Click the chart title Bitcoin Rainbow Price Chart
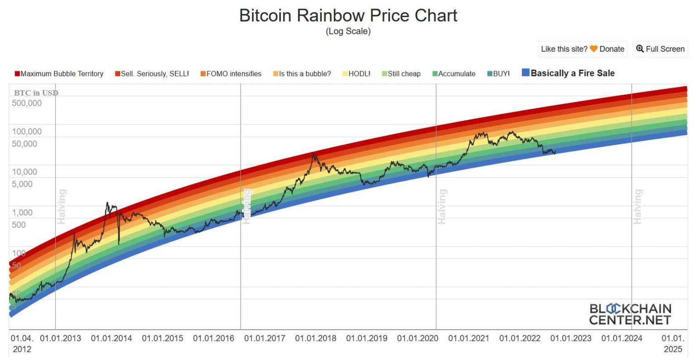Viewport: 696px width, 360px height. point(348,15)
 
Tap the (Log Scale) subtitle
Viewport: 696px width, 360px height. point(348,31)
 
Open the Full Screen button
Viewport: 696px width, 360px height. point(660,49)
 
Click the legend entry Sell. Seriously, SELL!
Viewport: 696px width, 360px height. point(152,74)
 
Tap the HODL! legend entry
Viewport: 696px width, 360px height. point(357,74)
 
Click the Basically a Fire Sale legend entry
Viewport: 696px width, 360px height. point(569,73)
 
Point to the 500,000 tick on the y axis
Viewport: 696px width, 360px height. point(27,103)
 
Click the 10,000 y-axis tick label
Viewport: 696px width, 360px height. point(24,172)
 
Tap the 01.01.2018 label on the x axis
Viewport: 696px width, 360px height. point(316,338)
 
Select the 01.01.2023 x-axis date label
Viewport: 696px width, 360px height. point(571,338)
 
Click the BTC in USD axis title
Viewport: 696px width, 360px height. point(36,93)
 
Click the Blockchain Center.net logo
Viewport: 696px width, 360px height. point(630,314)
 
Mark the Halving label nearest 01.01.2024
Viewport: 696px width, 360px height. point(638,206)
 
